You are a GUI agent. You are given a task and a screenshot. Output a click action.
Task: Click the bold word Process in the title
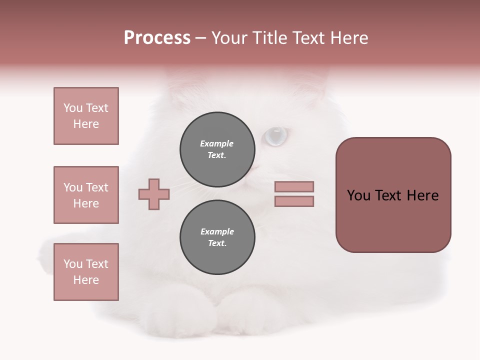click(x=157, y=38)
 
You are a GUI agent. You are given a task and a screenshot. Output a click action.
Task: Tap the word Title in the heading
click(x=267, y=38)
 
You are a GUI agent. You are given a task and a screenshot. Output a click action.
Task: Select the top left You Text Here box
click(x=86, y=116)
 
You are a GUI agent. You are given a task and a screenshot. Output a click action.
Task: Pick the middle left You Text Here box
click(x=86, y=195)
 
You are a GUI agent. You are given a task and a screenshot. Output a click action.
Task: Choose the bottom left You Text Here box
click(x=86, y=272)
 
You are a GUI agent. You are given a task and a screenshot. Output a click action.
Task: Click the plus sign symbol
click(x=154, y=194)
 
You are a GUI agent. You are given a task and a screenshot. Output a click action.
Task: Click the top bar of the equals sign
click(x=294, y=186)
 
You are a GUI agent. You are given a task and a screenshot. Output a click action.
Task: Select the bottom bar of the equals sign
click(x=294, y=201)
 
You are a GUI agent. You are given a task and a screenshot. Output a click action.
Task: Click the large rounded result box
click(x=393, y=195)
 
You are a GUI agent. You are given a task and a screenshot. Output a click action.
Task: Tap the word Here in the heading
click(x=349, y=38)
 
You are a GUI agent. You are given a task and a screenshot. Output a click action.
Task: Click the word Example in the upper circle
click(x=216, y=143)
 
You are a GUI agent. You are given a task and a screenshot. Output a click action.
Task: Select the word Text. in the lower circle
click(x=217, y=243)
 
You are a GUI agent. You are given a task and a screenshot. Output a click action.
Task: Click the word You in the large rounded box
click(x=358, y=195)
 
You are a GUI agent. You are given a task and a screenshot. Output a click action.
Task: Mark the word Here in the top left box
click(x=86, y=124)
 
